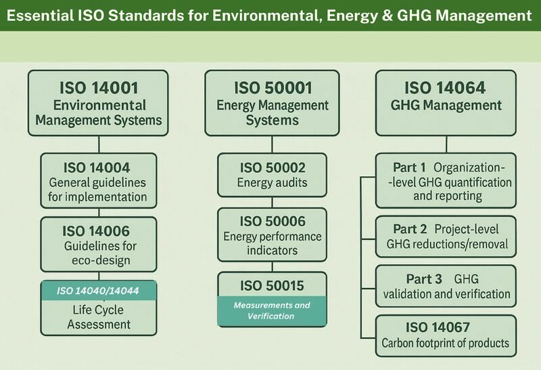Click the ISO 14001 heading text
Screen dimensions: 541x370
tap(99, 88)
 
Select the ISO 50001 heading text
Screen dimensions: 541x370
tap(273, 88)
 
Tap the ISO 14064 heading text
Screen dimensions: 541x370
tap(445, 88)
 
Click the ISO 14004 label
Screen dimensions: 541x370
tap(97, 167)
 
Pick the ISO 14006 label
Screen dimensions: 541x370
tap(96, 231)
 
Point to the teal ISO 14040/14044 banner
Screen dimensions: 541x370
tap(99, 291)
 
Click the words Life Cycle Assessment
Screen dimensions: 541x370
tap(99, 317)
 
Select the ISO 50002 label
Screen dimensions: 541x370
tap(273, 167)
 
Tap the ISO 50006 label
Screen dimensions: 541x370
tap(273, 222)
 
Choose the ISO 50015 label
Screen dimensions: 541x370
tap(273, 285)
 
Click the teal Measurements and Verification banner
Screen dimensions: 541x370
tap(272, 311)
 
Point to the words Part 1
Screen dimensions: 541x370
tap(410, 167)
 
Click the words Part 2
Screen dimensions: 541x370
tap(410, 229)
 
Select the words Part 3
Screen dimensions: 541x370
tap(424, 279)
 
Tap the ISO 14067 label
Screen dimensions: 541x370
tap(438, 327)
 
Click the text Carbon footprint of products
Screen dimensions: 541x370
tap(445, 343)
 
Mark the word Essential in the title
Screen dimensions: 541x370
tap(40, 16)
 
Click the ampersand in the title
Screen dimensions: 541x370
tap(387, 16)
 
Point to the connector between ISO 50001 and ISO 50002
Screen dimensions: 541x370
tap(273, 144)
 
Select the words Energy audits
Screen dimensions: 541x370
tap(273, 182)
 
